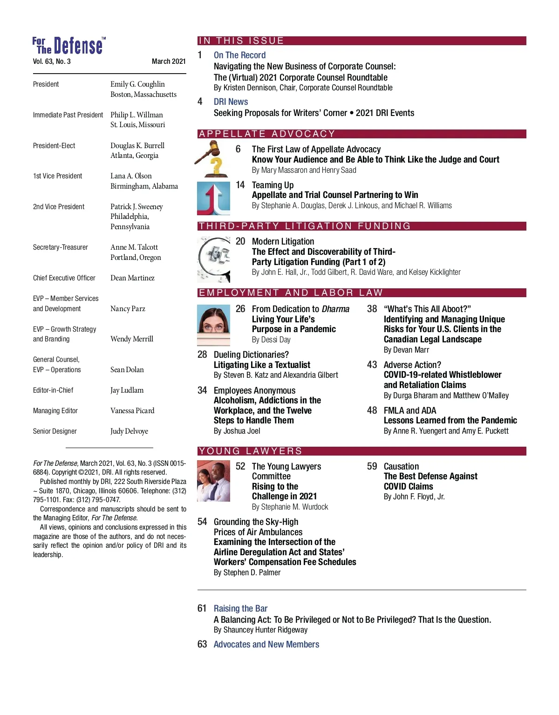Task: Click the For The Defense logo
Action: (x=69, y=46)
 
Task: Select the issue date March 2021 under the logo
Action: (x=169, y=61)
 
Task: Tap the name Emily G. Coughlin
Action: (x=137, y=84)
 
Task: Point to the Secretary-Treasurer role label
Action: (x=61, y=247)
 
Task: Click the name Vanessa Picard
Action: (x=132, y=411)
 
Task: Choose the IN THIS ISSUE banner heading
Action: (x=241, y=41)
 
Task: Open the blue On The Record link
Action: (x=239, y=55)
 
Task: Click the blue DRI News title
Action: (x=231, y=102)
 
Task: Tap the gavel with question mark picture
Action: (x=212, y=159)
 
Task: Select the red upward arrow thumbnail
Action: (x=213, y=198)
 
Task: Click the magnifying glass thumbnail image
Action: (x=214, y=259)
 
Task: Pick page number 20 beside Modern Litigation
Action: (x=240, y=241)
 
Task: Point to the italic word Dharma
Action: (x=335, y=309)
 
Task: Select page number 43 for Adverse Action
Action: (x=372, y=365)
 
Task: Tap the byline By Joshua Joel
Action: (x=237, y=431)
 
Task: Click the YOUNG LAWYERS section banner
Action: (x=251, y=451)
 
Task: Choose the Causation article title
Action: (x=401, y=466)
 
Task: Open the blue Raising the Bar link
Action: (x=240, y=608)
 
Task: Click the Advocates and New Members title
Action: (x=266, y=644)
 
